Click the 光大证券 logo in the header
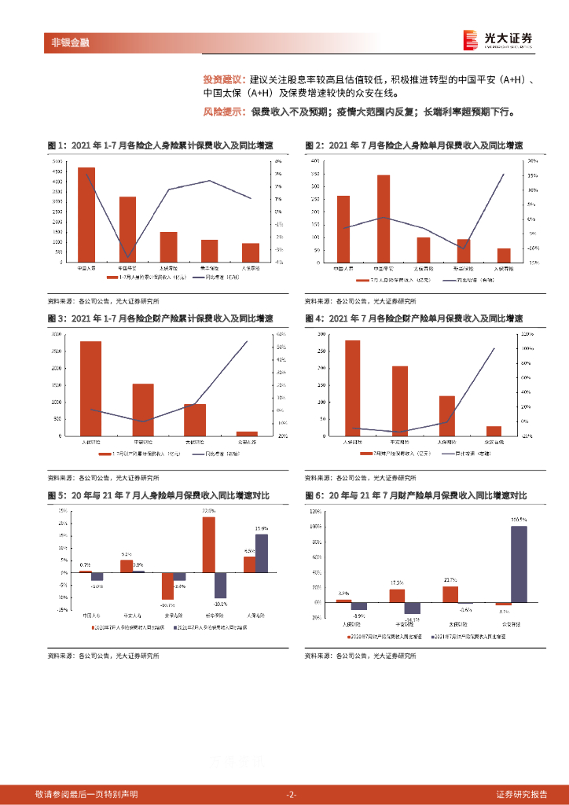tap(497, 39)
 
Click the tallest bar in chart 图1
tap(86, 215)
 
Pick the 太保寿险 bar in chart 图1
tap(169, 247)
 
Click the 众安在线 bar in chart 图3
tap(247, 433)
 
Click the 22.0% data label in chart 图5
tap(208, 511)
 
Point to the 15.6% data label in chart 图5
tap(262, 528)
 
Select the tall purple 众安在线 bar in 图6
tap(519, 564)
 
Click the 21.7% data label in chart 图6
tap(450, 580)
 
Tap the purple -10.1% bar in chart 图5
tap(221, 585)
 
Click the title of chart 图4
tap(413, 318)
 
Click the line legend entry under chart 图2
tap(464, 280)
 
